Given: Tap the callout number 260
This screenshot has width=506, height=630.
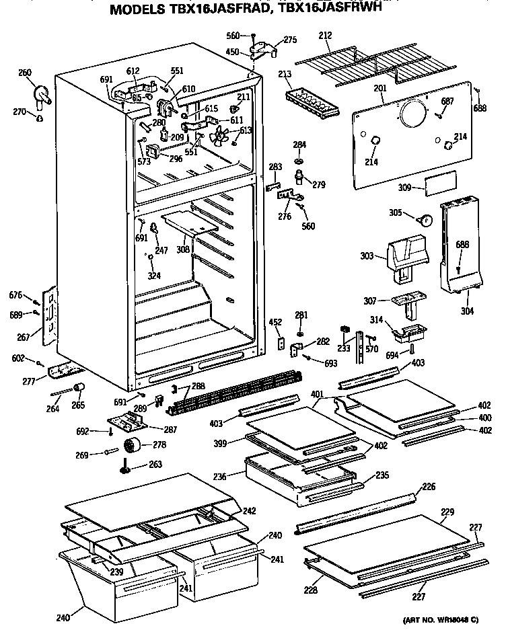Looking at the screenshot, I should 25,73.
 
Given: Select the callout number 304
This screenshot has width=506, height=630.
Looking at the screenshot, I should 467,311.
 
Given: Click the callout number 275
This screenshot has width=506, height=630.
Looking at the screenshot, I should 289,40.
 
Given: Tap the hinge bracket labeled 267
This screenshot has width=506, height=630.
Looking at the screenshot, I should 49,313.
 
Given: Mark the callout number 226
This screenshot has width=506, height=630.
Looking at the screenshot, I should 429,486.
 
